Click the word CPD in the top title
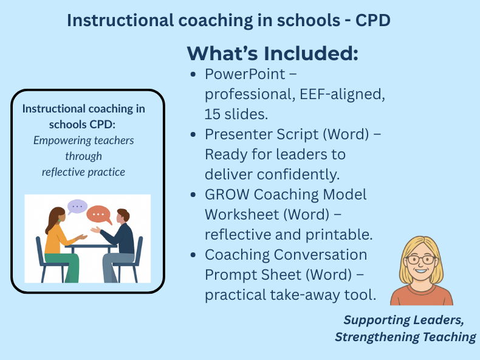369,19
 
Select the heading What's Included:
272,53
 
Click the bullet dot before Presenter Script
193,134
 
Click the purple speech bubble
77,207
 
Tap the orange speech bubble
98,214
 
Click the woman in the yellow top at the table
57,240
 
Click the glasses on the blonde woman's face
420,260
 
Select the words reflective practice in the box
83,172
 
